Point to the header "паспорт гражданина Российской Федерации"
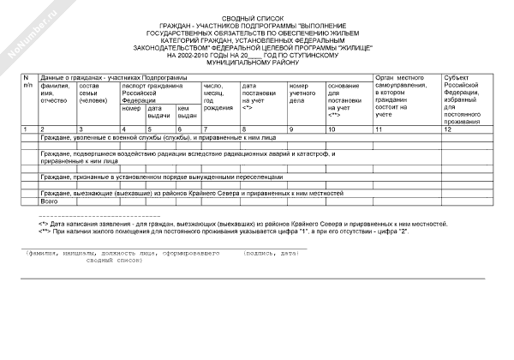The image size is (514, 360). pyautogui.click(x=152, y=93)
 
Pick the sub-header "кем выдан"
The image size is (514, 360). pyautogui.click(x=183, y=113)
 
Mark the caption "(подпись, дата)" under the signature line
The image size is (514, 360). pyautogui.click(x=270, y=253)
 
